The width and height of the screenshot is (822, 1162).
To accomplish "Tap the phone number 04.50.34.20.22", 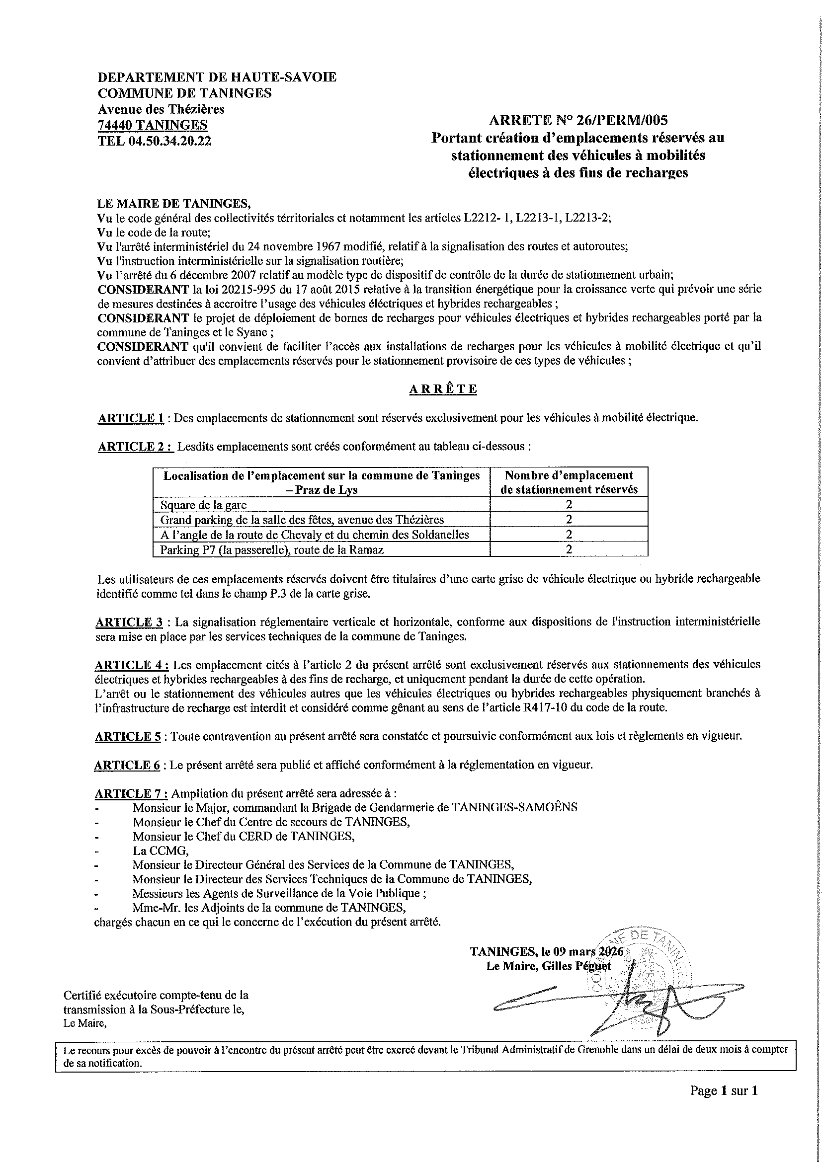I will coord(169,141).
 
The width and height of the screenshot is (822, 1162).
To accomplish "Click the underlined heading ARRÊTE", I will coord(442,388).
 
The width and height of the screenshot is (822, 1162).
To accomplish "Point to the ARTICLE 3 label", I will coord(129,621).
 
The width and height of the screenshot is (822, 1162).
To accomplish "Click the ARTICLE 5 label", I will coord(128,736).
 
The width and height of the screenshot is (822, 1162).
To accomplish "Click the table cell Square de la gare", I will coord(203,505).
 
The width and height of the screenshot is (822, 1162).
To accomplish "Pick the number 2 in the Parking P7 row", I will coord(569,549).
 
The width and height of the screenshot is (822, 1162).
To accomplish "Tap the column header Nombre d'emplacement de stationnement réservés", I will coord(569,482).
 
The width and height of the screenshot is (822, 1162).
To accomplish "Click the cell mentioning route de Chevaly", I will coord(314,535).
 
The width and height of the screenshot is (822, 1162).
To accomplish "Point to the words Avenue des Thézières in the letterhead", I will coord(161,109).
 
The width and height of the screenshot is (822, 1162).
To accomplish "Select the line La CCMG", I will coord(161,851).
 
